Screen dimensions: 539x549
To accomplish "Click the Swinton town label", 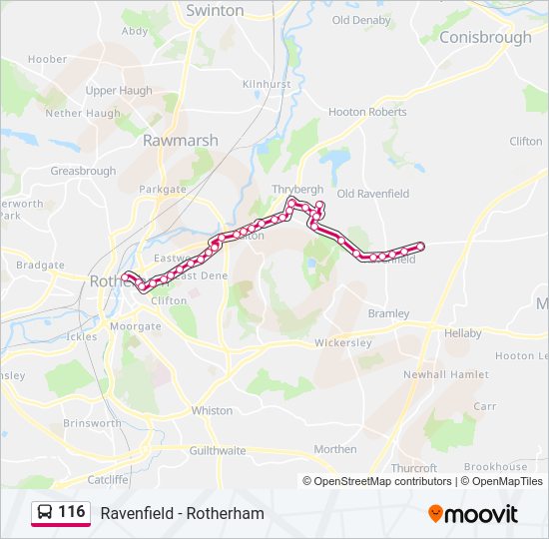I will [215, 10].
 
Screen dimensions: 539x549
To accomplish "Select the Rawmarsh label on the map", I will [180, 141].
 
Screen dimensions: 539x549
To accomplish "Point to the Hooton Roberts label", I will [367, 112].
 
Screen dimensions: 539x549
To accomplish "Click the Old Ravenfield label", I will [372, 194].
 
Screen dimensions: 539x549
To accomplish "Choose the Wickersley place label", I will [342, 342].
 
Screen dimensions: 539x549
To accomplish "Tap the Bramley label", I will [389, 313].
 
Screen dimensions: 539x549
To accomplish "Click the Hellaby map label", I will [463, 332].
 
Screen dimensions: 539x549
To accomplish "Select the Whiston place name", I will [211, 410].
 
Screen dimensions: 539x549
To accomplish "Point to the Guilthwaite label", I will [217, 451].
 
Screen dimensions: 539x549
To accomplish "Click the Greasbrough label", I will [83, 172].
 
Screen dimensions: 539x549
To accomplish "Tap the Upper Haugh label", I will [119, 91].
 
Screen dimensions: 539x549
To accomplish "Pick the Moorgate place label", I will [135, 326].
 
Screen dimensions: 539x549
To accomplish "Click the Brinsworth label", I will [92, 423].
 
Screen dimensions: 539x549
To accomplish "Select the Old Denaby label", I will [361, 20].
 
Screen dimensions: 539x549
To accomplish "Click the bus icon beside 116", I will [45, 512].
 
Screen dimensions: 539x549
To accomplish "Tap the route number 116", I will [72, 512].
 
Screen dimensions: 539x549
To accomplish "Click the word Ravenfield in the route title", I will [134, 513].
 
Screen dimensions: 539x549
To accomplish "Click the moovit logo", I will [473, 514].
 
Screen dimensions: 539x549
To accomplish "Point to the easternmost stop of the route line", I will [420, 246].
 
